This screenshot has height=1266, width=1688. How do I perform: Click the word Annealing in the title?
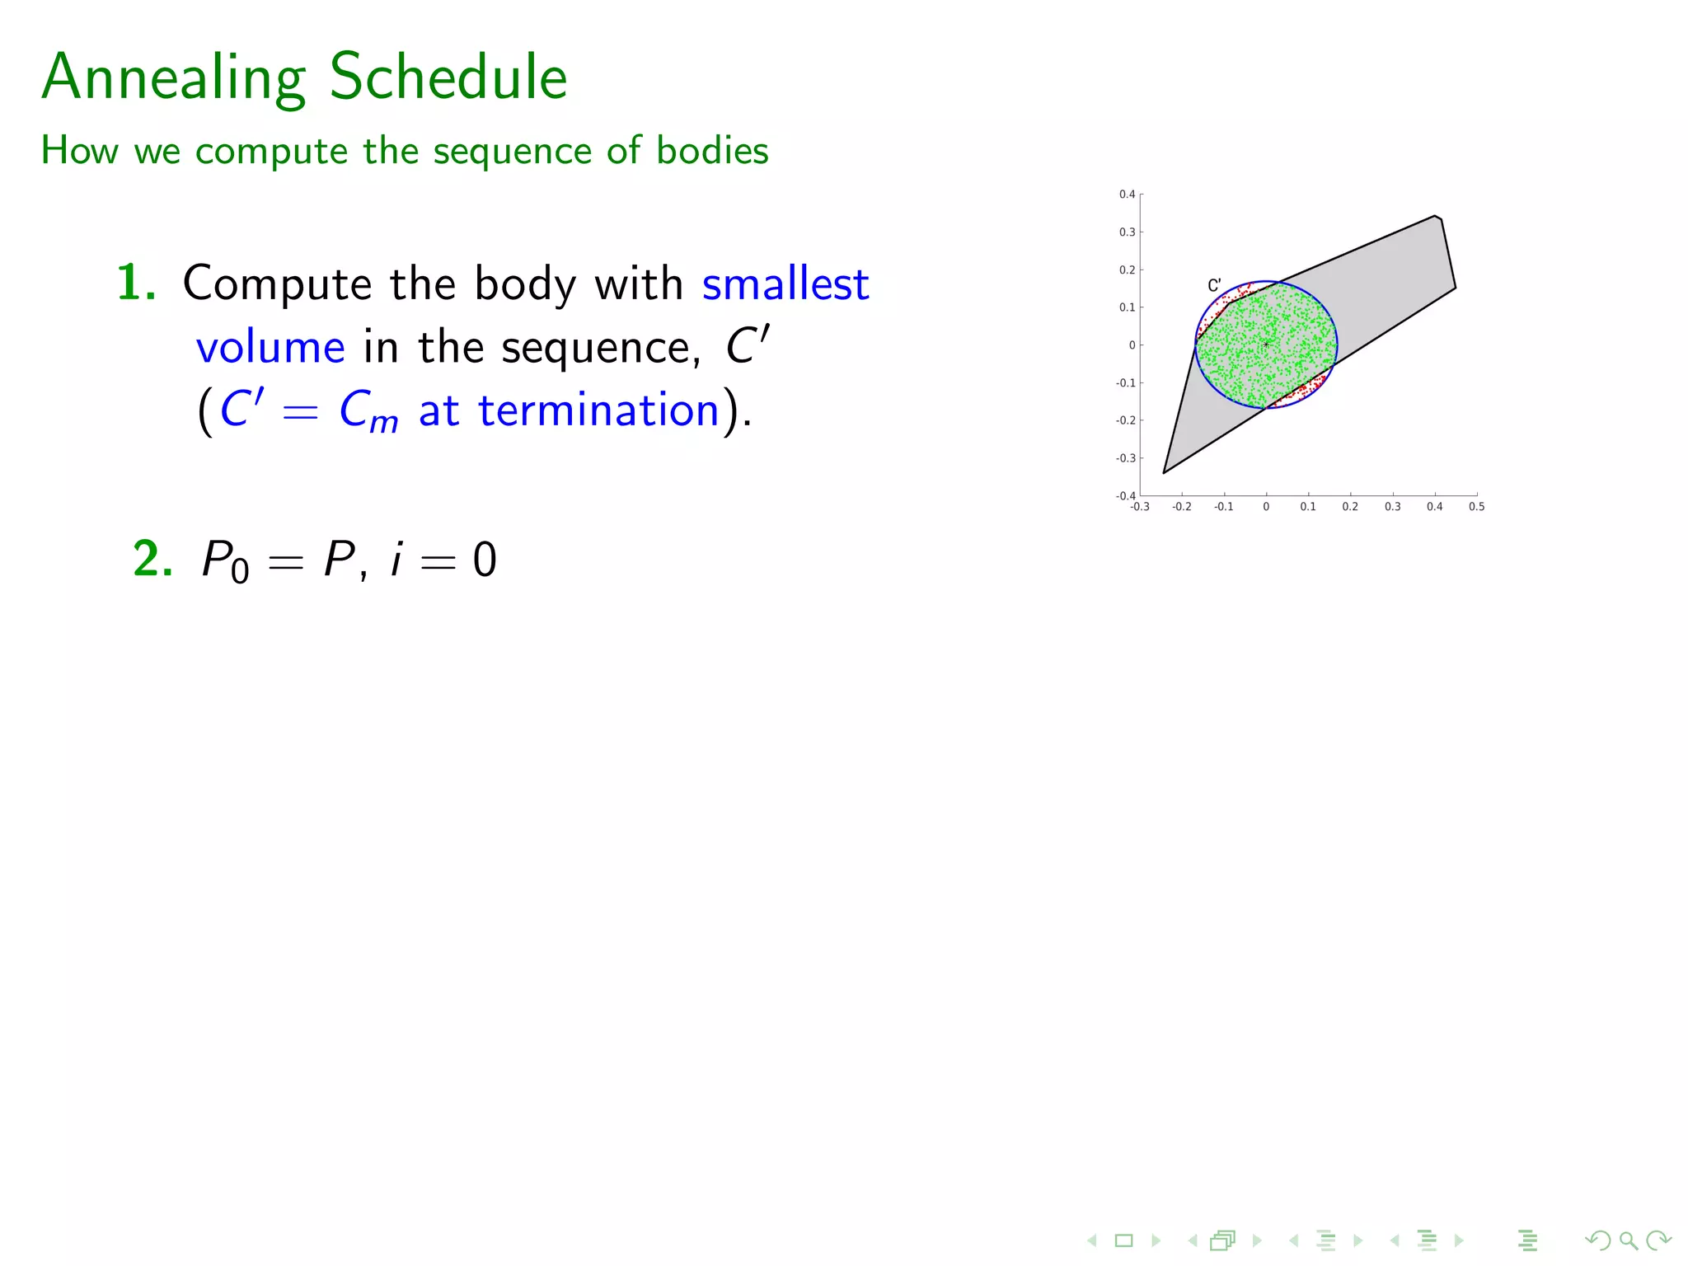pos(174,77)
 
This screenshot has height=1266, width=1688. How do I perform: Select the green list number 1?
pos(135,284)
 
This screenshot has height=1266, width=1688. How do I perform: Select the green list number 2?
pos(152,560)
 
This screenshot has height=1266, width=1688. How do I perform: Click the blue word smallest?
pos(785,284)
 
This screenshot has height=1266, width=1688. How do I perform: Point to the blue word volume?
pos(270,347)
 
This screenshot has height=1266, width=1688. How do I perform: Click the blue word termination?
pos(598,410)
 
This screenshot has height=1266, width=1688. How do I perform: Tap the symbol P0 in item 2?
pos(225,561)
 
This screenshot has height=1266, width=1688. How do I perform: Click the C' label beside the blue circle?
pos(1214,285)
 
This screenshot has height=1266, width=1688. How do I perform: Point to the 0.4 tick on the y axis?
pos(1127,195)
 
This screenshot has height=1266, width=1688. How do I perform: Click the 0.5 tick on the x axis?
pos(1476,507)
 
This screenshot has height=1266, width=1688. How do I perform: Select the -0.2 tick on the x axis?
pos(1181,507)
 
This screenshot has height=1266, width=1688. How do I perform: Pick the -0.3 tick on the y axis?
pos(1125,458)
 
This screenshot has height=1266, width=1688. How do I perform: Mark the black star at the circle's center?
pos(1266,344)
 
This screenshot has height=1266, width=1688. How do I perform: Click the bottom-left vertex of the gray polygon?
pos(1164,473)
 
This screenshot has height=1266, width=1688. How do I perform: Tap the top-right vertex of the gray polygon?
pos(1436,216)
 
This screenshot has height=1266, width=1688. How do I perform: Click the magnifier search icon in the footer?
pos(1628,1240)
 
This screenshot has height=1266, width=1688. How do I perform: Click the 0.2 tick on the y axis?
pos(1127,270)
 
